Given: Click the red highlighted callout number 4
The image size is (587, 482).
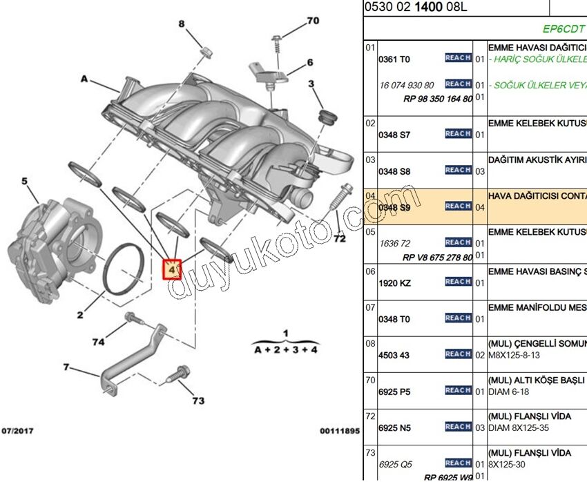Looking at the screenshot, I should coord(171,268).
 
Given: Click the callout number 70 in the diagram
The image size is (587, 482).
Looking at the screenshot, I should coord(312,21).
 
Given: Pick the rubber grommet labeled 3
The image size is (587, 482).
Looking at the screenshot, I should coord(326,115).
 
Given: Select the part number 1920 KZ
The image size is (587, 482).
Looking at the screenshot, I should coord(394,283).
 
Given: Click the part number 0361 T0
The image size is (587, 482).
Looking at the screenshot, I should coord(394,60).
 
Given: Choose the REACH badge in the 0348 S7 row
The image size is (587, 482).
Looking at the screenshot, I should coord(458,133).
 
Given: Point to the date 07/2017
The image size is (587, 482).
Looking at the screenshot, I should coord(17,431).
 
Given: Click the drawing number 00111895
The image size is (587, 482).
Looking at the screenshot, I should coord(339,431).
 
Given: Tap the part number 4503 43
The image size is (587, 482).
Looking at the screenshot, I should coord(394,356).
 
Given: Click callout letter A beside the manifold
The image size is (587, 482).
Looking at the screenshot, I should coord(84,79).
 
